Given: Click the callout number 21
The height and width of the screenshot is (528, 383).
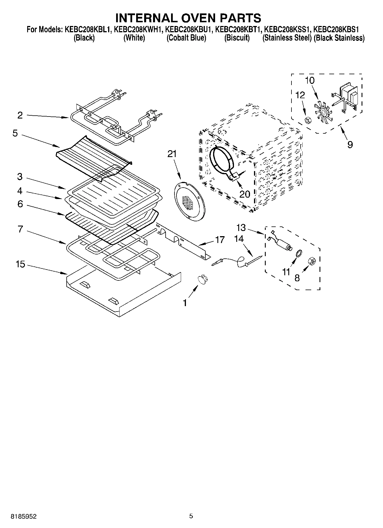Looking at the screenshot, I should (x=172, y=154).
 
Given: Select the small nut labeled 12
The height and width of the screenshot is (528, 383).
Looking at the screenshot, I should (x=308, y=121).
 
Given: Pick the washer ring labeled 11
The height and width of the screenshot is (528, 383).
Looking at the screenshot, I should (x=299, y=253).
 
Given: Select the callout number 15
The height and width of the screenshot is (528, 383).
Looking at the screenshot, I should (x=20, y=264).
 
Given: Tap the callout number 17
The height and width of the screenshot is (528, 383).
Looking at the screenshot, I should (x=220, y=239).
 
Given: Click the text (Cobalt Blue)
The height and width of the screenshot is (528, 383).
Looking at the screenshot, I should (x=186, y=38).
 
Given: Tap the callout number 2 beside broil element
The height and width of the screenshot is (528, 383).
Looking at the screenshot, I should (x=20, y=115).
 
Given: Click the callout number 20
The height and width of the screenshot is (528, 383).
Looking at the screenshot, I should (x=245, y=194).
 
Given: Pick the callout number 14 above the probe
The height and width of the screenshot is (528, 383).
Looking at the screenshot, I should (x=239, y=238).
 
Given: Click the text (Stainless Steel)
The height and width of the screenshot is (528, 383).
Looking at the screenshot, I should (x=287, y=38).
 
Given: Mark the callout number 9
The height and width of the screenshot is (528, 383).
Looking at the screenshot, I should (x=350, y=144).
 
